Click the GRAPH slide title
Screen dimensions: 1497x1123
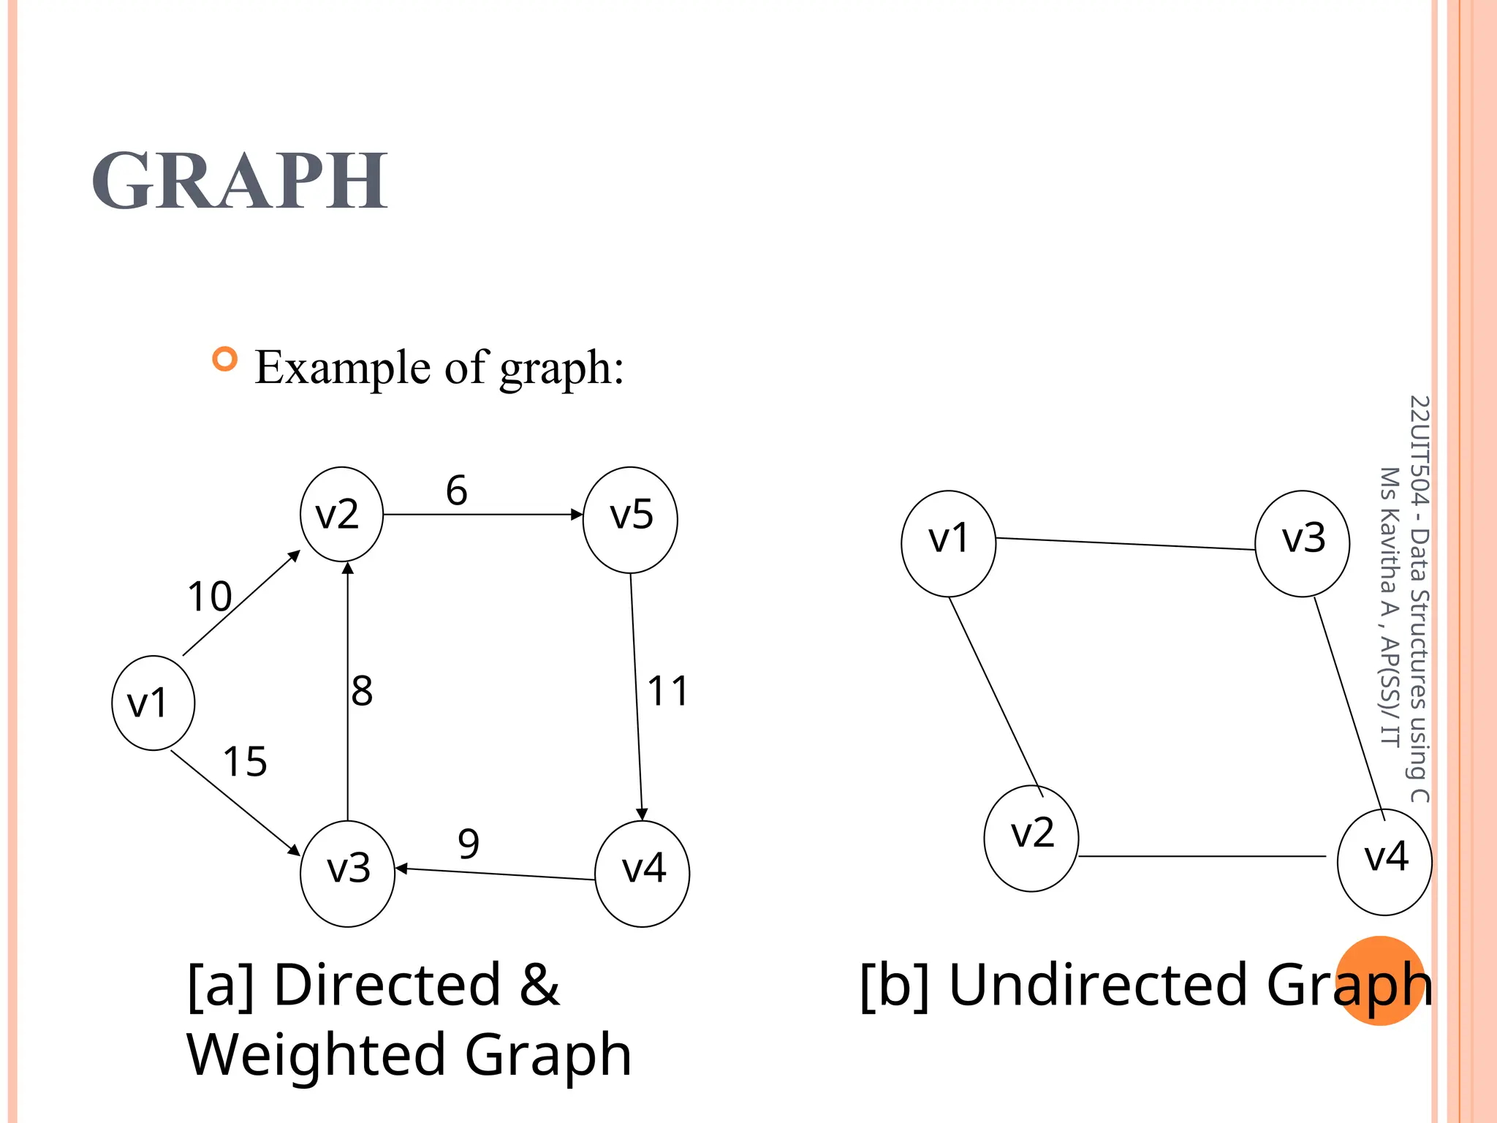tap(240, 181)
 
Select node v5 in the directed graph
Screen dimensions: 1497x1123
tap(630, 519)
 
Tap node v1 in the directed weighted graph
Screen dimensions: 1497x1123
tap(153, 703)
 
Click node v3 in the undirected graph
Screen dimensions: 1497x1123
tap(1302, 543)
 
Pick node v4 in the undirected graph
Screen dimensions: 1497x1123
tap(1384, 861)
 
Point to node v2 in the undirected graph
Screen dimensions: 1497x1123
tap(1031, 838)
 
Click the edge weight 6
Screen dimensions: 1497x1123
tap(457, 491)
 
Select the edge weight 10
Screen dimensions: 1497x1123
tap(210, 597)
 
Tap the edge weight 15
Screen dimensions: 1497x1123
tap(245, 762)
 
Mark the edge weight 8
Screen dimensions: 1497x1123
tap(362, 691)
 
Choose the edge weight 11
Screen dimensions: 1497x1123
tap(668, 691)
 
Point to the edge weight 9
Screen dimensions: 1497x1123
tap(469, 844)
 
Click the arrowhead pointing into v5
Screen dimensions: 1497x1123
tap(577, 515)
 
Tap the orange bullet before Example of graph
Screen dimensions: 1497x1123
tap(225, 359)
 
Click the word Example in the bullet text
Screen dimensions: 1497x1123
tap(344, 367)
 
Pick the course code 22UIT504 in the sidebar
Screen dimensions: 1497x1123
tap(1418, 450)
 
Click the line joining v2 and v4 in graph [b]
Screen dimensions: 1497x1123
tap(1202, 856)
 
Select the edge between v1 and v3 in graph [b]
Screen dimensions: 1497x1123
tap(1126, 543)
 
